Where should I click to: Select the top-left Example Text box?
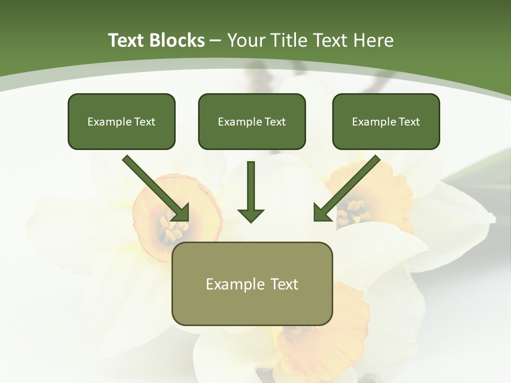(121, 121)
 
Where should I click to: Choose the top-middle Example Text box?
(252, 121)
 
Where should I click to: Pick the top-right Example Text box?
(386, 121)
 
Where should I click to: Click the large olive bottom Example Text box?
(252, 284)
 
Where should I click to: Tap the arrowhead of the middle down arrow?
(251, 215)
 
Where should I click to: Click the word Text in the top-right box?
(409, 122)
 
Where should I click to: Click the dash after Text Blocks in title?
(216, 40)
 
